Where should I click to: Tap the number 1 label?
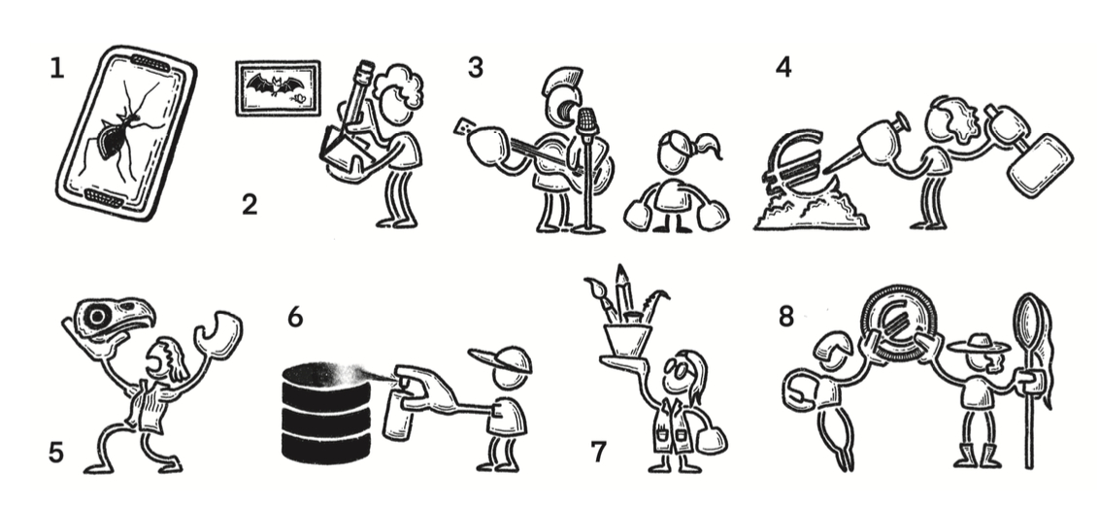[x=56, y=68]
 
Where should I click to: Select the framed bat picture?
[x=279, y=88]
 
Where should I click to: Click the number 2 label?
[x=250, y=205]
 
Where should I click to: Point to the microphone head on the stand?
[x=587, y=120]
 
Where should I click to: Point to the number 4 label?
[x=783, y=67]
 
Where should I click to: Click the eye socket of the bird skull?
[x=96, y=317]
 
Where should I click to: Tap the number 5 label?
[x=56, y=453]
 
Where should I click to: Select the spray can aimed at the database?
[x=398, y=414]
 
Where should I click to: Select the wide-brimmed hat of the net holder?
[x=979, y=344]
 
